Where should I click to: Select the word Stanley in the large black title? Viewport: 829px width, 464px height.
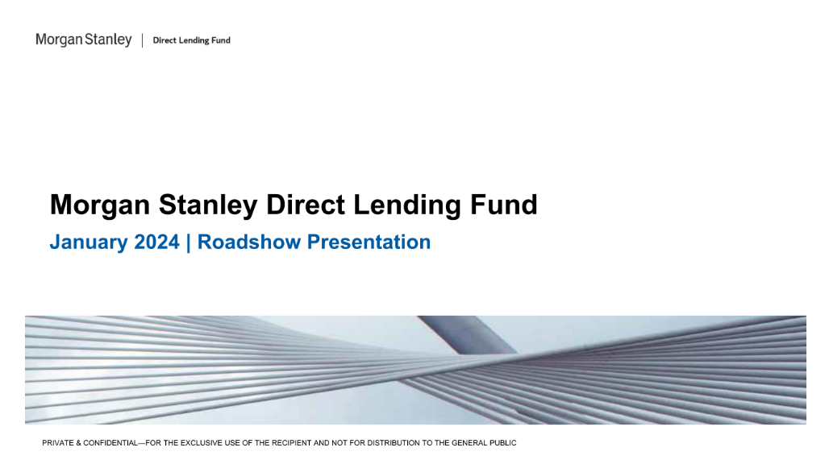[x=209, y=205]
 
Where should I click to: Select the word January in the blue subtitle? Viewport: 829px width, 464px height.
[x=84, y=242]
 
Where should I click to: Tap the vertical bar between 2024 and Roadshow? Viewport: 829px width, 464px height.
[x=189, y=242]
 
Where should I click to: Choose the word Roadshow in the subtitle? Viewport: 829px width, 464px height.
[x=247, y=242]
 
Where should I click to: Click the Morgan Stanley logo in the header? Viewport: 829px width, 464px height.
[x=84, y=39]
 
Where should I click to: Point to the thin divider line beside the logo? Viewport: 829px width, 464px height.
[x=143, y=40]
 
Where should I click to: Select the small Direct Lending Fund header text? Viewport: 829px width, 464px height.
[x=191, y=40]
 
